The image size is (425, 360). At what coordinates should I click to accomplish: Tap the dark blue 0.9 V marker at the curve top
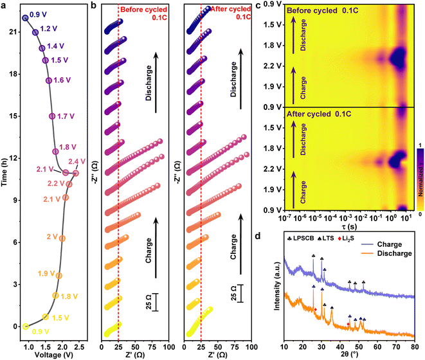25,18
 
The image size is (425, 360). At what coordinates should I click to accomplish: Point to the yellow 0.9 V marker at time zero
26,327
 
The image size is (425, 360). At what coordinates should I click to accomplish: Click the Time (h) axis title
5,174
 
